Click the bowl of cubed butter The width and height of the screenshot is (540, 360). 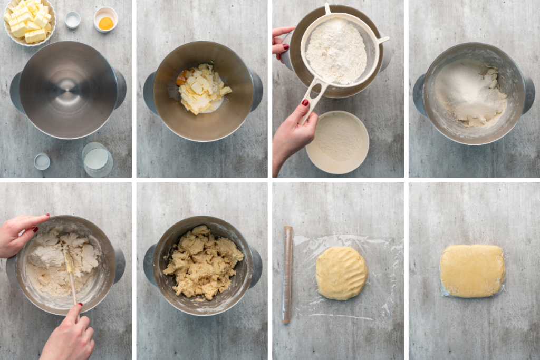click(29, 21)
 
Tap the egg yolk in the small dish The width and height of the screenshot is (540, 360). click(106, 23)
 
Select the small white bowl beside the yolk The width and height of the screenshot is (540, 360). click(72, 20)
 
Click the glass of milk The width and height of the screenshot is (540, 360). click(97, 159)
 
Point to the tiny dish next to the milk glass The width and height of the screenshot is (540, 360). click(42, 161)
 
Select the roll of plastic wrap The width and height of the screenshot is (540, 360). click(287, 274)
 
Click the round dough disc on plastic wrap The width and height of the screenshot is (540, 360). click(341, 273)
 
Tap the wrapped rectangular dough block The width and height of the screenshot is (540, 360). click(472, 270)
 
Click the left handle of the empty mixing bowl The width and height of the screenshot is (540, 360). click(16, 92)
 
